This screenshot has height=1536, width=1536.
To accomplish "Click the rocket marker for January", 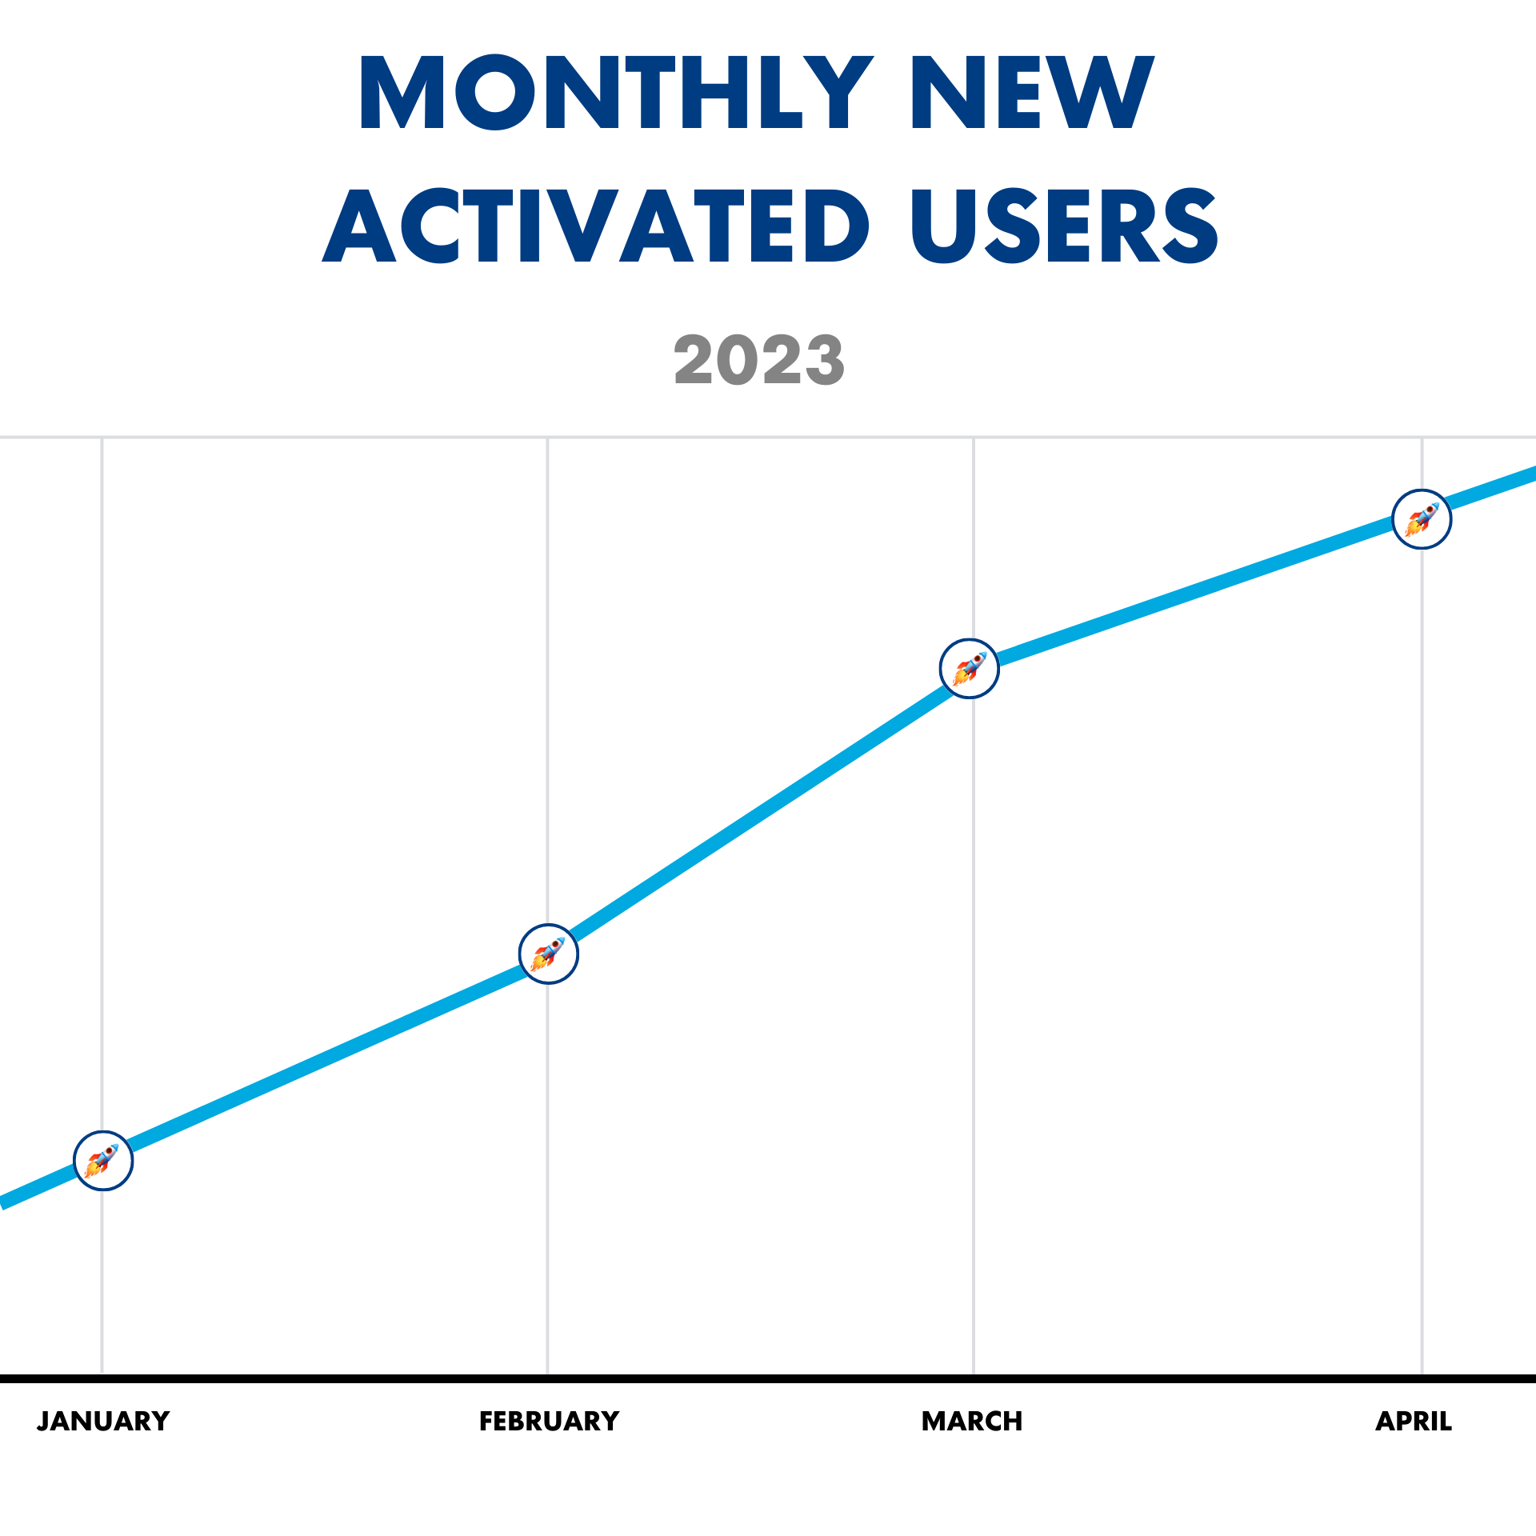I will click(x=103, y=1161).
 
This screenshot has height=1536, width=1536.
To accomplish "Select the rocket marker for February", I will click(x=549, y=954).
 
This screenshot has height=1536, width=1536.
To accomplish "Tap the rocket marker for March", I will click(x=970, y=669).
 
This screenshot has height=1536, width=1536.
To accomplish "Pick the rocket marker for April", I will click(x=1422, y=519).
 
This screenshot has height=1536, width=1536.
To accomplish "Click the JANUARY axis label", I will click(x=103, y=1422).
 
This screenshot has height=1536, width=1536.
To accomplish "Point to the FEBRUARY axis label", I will click(x=549, y=1422).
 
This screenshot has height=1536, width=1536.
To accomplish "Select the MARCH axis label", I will click(x=972, y=1422).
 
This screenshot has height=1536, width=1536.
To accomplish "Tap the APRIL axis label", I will click(x=1414, y=1422).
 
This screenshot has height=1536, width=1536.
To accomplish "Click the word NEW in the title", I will click(x=1032, y=93).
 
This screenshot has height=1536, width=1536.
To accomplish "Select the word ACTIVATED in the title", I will click(x=596, y=226).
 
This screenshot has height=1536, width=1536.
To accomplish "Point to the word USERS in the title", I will click(x=1064, y=226).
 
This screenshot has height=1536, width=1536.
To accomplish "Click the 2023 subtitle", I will click(x=759, y=361).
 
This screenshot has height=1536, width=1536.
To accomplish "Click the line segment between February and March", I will click(x=760, y=811).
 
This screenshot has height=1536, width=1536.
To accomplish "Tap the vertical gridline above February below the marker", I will click(x=548, y=1160).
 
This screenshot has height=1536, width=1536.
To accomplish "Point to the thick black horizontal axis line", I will click(x=768, y=1379).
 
